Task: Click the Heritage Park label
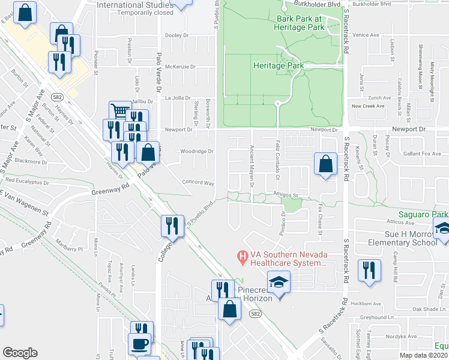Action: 277,65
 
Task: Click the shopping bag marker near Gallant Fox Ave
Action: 325,163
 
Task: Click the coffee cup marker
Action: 140,344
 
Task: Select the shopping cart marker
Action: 120,111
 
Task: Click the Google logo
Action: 20,353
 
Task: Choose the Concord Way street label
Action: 198,182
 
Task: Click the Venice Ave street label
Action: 366,35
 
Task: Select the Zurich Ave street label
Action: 379,97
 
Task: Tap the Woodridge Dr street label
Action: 197,151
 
